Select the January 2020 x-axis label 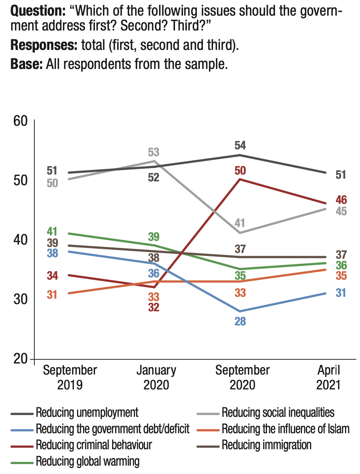click(x=156, y=377)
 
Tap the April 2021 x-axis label click(x=328, y=377)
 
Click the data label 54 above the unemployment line click(x=240, y=146)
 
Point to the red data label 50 click(x=240, y=170)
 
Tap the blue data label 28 click(x=240, y=322)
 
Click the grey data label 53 click(x=153, y=152)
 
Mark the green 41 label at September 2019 click(x=52, y=231)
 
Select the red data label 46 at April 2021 click(x=341, y=199)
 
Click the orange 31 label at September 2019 click(x=52, y=295)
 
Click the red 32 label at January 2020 click(x=153, y=307)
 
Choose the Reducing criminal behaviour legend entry click(x=94, y=445)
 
